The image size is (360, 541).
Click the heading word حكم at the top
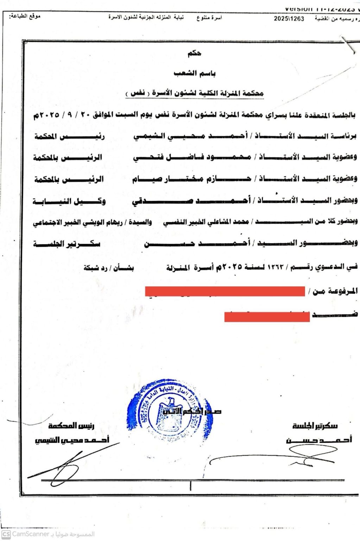click(194, 54)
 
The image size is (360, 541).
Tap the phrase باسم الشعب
click(195, 73)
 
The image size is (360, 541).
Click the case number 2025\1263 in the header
click(289, 19)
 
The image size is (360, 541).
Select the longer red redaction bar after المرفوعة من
click(225, 291)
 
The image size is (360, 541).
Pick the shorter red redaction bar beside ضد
click(267, 316)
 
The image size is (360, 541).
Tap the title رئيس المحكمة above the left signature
click(71, 426)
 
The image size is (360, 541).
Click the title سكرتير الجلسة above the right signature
click(315, 426)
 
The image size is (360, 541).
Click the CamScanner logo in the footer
click(6, 534)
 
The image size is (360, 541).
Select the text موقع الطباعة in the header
click(25, 16)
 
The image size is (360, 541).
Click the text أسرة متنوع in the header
click(209, 18)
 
